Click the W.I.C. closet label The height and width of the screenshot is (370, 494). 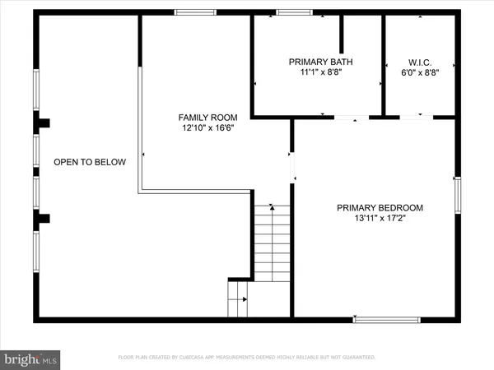coord(420,62)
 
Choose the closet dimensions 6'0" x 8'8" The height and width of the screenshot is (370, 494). coord(420,72)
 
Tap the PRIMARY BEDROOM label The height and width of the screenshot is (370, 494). coord(380,207)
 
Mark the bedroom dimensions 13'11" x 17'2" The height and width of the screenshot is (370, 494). coord(380,218)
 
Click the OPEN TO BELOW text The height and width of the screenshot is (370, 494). coord(90,162)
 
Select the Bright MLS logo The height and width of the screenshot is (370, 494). coord(30,358)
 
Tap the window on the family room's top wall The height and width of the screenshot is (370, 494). coord(196,12)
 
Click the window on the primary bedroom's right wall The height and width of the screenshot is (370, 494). coord(458,193)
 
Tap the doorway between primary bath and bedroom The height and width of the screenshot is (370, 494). coord(352,118)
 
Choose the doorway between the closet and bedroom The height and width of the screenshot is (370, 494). coord(416,118)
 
